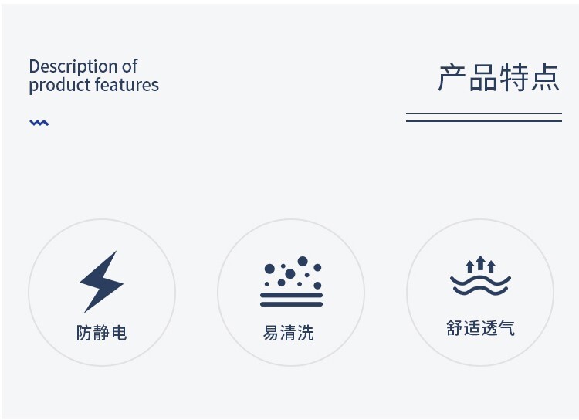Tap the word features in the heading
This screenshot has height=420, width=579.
(127, 84)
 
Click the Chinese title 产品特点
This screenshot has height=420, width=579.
(499, 77)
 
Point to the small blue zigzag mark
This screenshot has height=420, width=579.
(39, 123)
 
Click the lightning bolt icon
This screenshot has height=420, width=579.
(101, 282)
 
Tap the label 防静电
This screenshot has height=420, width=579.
(102, 333)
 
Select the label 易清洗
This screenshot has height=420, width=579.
(289, 333)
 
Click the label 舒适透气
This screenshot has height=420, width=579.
(480, 328)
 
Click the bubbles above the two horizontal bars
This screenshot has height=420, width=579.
(292, 273)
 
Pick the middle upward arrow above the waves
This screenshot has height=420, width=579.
(480, 263)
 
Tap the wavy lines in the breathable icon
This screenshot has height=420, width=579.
(480, 285)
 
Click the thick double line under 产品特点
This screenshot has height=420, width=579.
(484, 117)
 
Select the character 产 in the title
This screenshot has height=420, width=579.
(452, 77)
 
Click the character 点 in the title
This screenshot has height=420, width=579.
(545, 77)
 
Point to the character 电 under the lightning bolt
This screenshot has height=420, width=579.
(119, 333)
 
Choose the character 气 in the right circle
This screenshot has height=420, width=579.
(506, 328)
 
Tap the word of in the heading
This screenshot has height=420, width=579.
(130, 67)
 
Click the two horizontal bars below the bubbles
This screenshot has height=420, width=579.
(291, 300)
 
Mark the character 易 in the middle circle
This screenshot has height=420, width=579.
(271, 333)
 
